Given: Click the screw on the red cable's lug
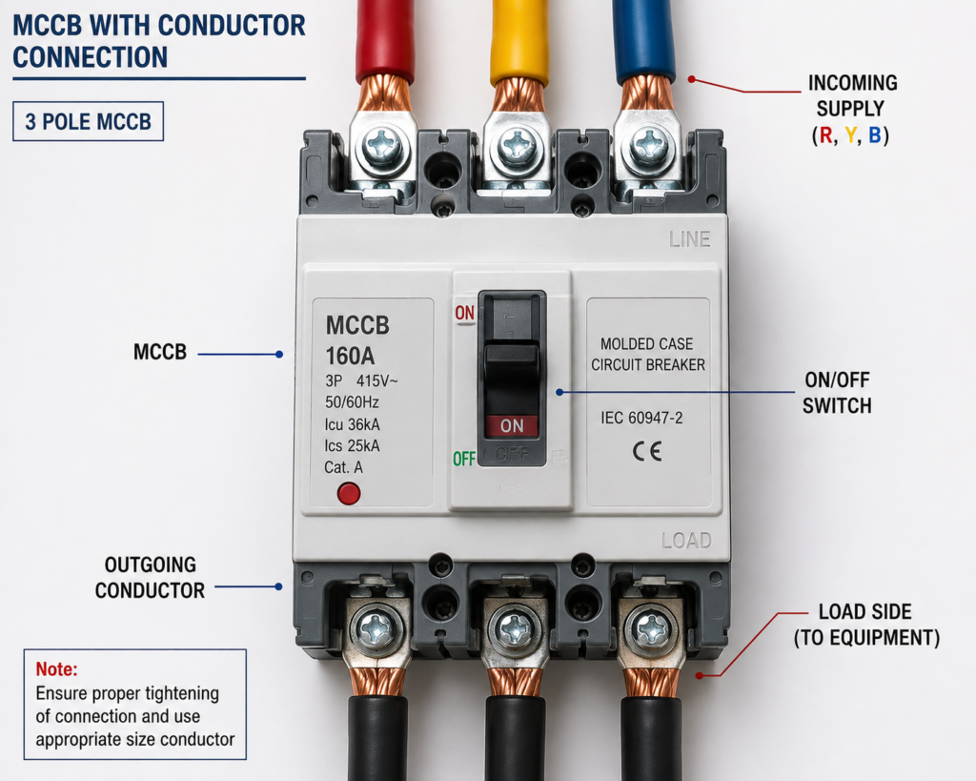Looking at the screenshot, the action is pyautogui.click(x=381, y=147).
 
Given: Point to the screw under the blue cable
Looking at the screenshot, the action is pyautogui.click(x=648, y=147).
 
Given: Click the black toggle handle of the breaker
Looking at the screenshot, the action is pyautogui.click(x=512, y=374).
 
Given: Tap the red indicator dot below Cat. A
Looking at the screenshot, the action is pyautogui.click(x=349, y=494).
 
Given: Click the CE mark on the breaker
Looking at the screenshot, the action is pyautogui.click(x=647, y=451).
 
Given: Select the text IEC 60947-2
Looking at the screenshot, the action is pyautogui.click(x=641, y=418).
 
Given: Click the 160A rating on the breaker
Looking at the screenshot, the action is pyautogui.click(x=350, y=356).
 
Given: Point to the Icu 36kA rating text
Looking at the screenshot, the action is pyautogui.click(x=352, y=424).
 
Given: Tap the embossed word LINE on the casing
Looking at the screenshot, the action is pyautogui.click(x=690, y=239).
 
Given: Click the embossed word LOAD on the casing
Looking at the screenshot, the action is pyautogui.click(x=686, y=540).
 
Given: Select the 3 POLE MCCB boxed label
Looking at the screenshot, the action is pyautogui.click(x=89, y=121).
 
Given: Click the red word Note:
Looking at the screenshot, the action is pyautogui.click(x=56, y=668).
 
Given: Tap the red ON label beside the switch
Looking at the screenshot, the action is pyautogui.click(x=464, y=313).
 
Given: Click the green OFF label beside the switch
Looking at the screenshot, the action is pyautogui.click(x=464, y=459).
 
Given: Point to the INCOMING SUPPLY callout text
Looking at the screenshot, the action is pyautogui.click(x=851, y=109).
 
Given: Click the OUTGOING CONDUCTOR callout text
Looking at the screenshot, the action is pyautogui.click(x=150, y=577).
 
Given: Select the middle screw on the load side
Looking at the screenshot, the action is pyautogui.click(x=516, y=629).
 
